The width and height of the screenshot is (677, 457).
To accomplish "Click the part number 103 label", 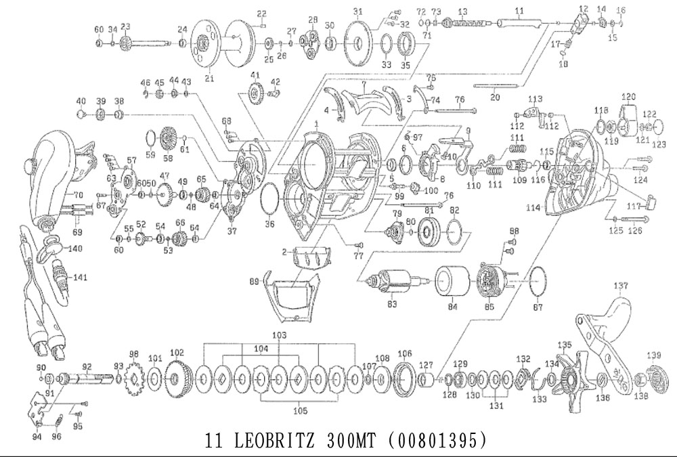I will click(280, 336).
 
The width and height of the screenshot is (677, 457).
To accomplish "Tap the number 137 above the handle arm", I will click(621, 285).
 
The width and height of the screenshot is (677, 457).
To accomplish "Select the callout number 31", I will click(358, 11).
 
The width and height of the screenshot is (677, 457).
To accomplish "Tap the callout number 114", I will click(533, 208).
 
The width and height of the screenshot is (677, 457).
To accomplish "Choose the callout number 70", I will click(78, 195).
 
